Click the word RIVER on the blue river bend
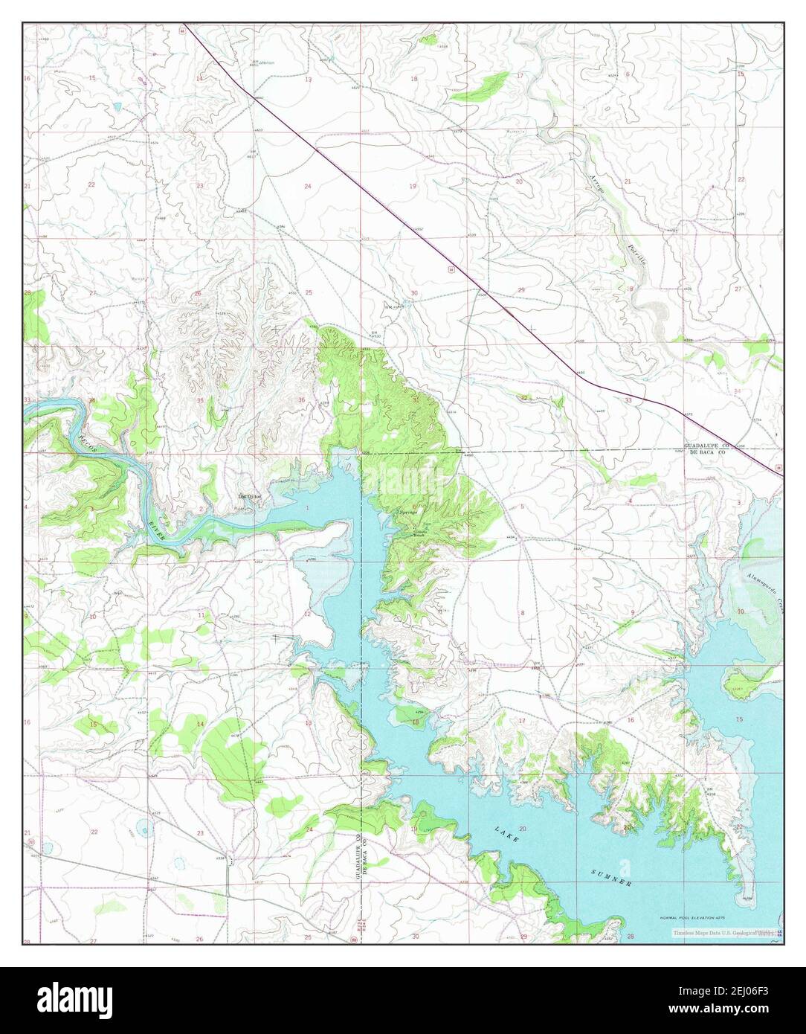coord(157,531)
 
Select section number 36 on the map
coord(301,400)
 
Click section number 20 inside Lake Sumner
coord(523,828)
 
